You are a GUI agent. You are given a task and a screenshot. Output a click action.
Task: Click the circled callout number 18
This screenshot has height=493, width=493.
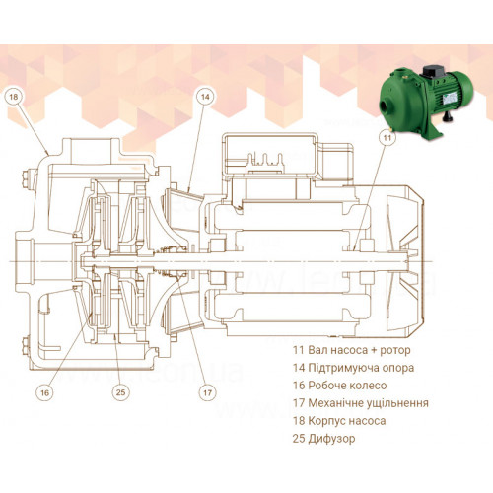tap(14, 97)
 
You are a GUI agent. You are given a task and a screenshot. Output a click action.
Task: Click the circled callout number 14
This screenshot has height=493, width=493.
tap(205, 97)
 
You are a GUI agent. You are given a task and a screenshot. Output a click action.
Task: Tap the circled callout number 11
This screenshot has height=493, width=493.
tap(387, 137)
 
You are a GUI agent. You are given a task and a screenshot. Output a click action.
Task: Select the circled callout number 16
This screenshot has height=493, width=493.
tap(44, 392)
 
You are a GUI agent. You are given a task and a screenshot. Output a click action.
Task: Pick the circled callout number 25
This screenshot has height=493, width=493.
tap(121, 392)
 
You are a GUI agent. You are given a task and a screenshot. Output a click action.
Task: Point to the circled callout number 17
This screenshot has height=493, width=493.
tap(208, 392)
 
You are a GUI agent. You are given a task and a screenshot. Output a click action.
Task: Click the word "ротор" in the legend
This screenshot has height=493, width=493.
tap(395, 351)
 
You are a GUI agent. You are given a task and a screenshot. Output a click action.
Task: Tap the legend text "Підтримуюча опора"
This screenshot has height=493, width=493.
tap(361, 368)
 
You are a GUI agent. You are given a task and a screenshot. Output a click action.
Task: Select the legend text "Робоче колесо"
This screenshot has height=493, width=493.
tap(347, 386)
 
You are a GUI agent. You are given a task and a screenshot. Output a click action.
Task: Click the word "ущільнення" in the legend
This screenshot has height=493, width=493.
tap(395, 403)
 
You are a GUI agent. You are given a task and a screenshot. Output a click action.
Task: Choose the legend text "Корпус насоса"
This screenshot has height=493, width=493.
tap(347, 421)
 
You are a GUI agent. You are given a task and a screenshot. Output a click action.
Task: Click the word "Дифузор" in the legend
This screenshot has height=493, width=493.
tap(331, 439)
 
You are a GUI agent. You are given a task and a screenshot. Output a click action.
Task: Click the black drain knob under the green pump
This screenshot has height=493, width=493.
tap(447, 115)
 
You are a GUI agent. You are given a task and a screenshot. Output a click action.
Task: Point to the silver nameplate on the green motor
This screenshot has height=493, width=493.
tap(450, 97)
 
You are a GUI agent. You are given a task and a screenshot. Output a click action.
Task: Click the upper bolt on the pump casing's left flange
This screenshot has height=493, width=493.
tap(26, 179)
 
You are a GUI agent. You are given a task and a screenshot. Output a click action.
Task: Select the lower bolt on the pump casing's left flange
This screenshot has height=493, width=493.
tap(26, 346)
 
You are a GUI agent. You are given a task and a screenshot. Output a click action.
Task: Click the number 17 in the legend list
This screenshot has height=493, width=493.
tap(299, 403)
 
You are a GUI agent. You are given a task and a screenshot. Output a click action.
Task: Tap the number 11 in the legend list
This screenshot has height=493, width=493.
tap(299, 350)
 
